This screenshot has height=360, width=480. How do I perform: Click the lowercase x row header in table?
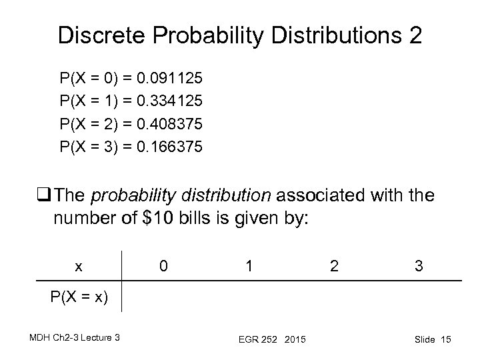[x=79, y=267]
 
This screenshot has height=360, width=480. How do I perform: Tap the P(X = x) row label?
[x=79, y=297]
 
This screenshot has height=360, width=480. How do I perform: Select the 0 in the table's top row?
[x=163, y=266]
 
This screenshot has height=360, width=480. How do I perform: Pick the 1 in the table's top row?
[x=249, y=266]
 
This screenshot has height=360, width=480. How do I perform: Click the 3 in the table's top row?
[x=418, y=266]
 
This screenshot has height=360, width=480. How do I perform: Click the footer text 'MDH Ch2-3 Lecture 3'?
[x=73, y=339]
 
